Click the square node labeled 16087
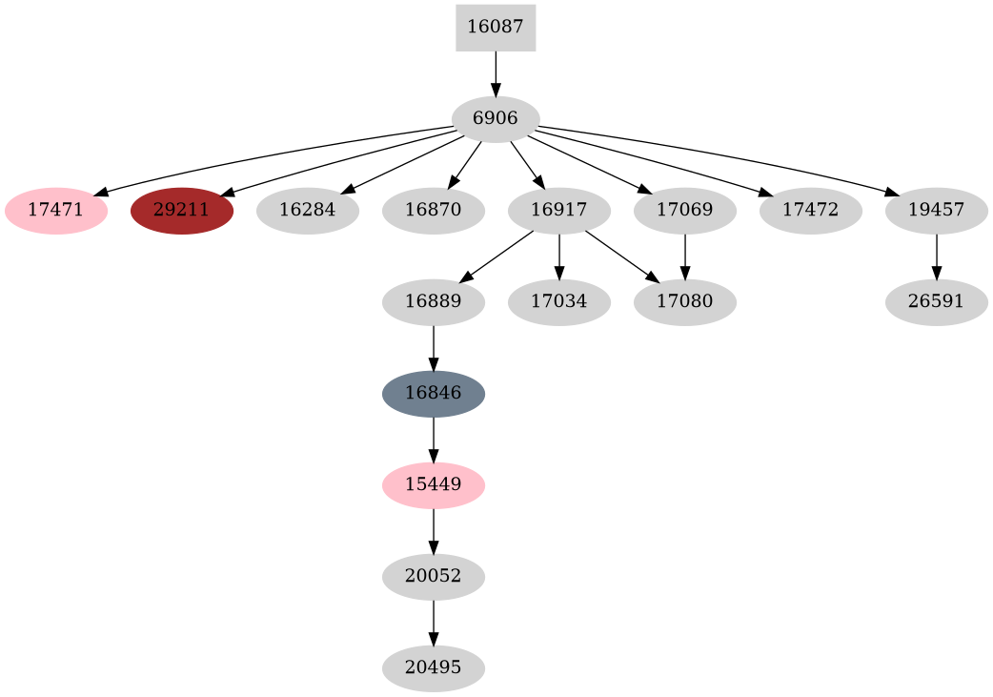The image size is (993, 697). point(496,28)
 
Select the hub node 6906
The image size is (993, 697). point(496,119)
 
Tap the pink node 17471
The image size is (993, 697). point(56,211)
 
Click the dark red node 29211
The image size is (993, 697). point(182,211)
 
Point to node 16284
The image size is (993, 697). point(308,211)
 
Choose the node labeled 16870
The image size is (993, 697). point(434,211)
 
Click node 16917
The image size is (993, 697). point(559,211)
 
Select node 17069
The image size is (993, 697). point(685,211)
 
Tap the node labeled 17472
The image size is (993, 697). point(811,211)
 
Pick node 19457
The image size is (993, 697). point(937,211)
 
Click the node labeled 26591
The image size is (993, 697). point(937,302)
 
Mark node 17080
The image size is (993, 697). point(685,302)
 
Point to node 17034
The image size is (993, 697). point(559,302)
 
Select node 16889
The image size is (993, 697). point(434,302)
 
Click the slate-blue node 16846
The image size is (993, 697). point(434,394)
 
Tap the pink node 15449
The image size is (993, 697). point(434,485)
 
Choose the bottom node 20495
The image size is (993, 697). point(434,668)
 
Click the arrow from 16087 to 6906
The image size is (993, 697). point(496,72)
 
